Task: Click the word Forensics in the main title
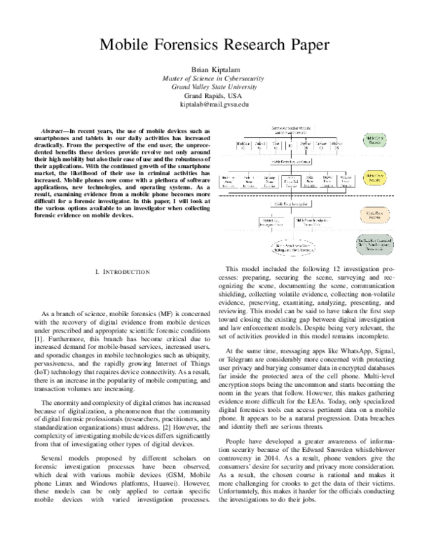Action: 202,44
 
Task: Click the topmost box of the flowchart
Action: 291,129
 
